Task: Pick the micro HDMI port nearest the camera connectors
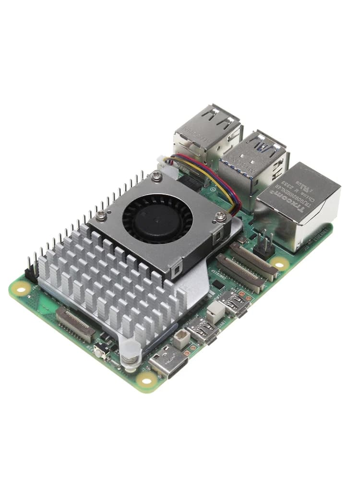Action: pos(235,303)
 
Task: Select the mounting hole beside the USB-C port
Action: pos(146,379)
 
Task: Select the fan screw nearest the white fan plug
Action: pos(157,177)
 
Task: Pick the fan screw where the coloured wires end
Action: pos(220,216)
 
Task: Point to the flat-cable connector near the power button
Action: pos(75,324)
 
